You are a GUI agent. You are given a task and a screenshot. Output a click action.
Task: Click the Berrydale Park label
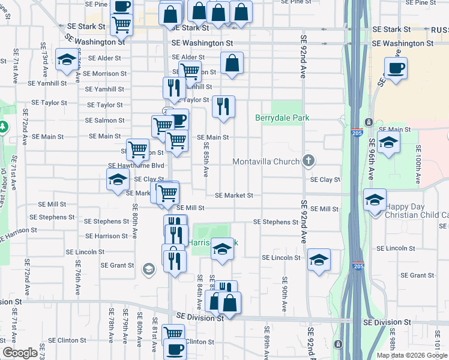pyautogui.click(x=283, y=118)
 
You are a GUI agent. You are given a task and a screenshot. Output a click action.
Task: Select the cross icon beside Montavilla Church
pyautogui.click(x=309, y=160)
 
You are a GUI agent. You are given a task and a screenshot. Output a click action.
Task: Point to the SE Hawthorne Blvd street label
pyautogui.click(x=136, y=166)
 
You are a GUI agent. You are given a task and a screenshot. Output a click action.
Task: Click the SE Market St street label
pyautogui.click(x=234, y=196)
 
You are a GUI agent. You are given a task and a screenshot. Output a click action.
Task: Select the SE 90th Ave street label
pyautogui.click(x=284, y=294)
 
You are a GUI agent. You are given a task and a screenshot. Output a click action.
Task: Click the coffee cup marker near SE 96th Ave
pyautogui.click(x=396, y=68)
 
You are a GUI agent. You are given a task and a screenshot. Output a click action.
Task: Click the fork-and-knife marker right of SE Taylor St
pyautogui.click(x=223, y=107)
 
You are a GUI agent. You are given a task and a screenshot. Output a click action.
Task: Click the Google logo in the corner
pyautogui.click(x=20, y=353)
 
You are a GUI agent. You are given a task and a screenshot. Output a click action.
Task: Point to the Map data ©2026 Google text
pyautogui.click(x=411, y=355)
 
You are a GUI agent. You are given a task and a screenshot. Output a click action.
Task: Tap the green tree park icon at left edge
pyautogui.click(x=3, y=127)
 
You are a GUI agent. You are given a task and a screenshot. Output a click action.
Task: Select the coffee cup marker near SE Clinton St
pyautogui.click(x=175, y=348)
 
